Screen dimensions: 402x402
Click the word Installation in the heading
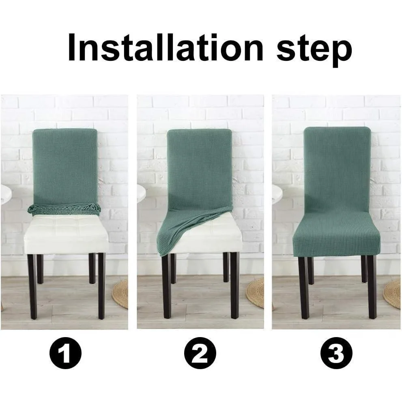click(x=166, y=48)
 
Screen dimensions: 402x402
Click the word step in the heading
click(x=314, y=51)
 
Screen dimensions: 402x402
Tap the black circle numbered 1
click(x=65, y=353)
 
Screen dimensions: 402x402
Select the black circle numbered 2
click(x=200, y=353)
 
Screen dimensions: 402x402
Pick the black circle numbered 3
click(x=336, y=353)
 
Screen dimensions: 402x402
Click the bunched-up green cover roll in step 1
click(x=64, y=209)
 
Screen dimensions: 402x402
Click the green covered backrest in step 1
click(x=65, y=167)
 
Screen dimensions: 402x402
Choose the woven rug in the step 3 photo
click(x=392, y=294)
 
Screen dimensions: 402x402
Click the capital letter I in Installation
click(x=71, y=48)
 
